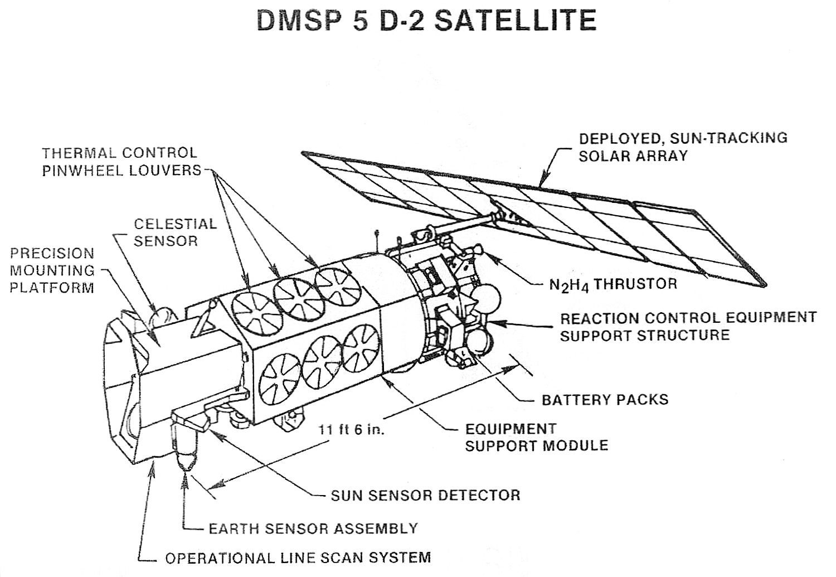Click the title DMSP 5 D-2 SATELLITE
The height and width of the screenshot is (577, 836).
[x=426, y=20]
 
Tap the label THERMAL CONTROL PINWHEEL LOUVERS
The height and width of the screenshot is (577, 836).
[x=121, y=162]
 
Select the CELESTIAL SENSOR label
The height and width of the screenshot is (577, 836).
[x=175, y=232]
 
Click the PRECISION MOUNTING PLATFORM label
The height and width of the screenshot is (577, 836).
[x=52, y=270]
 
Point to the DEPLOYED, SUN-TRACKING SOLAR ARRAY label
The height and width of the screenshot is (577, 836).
[x=683, y=147]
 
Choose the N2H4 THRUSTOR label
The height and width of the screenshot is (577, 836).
[x=613, y=284]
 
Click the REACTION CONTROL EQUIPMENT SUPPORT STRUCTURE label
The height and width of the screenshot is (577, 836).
[x=688, y=326]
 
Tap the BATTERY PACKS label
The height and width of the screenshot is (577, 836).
[x=605, y=400]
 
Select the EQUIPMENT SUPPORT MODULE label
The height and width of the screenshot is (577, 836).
[x=537, y=437]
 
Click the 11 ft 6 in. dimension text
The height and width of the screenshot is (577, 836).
[x=351, y=430]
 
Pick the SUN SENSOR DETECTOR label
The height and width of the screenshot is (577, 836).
[x=425, y=495]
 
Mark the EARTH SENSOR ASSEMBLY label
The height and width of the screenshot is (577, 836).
[x=313, y=528]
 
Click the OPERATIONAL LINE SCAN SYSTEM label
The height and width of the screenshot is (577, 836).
[x=298, y=558]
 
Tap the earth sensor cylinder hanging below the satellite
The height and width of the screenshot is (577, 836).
[x=184, y=448]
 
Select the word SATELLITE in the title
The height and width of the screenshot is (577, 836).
[x=516, y=20]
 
